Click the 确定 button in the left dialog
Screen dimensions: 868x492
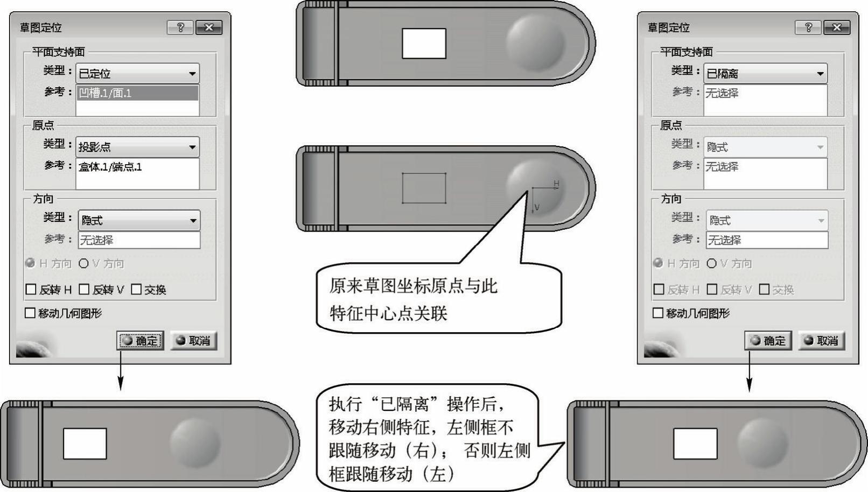[140, 341]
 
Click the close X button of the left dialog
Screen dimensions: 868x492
[209, 27]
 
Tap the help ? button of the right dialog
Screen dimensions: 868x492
[808, 27]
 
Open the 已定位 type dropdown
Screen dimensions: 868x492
[137, 73]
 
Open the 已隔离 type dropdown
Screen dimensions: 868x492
[765, 73]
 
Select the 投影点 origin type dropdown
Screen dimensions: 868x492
[137, 147]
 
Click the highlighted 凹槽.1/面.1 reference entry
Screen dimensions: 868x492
[137, 93]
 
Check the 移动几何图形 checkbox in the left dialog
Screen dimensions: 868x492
[30, 313]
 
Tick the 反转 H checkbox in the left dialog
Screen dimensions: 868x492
[31, 290]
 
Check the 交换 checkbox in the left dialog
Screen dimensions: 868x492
[136, 290]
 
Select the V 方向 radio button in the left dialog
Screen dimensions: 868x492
[83, 263]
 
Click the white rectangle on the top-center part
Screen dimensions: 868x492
[424, 43]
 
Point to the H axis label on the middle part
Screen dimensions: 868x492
[556, 184]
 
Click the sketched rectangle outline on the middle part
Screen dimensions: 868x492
[424, 173]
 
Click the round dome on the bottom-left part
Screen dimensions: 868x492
[195, 443]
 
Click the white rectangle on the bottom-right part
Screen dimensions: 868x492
[695, 444]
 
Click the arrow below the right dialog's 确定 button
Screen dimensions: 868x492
[749, 371]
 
